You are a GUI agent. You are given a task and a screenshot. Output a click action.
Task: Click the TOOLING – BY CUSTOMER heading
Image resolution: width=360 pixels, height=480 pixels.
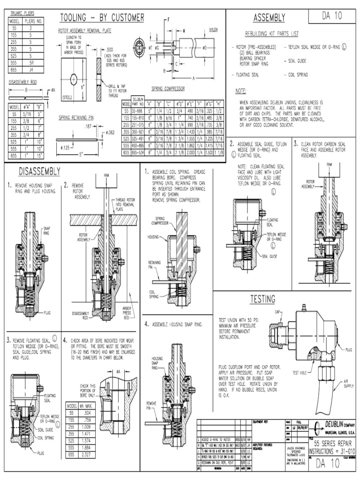(102, 18)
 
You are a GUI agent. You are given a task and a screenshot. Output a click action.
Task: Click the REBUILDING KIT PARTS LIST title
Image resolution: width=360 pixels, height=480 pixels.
(271, 34)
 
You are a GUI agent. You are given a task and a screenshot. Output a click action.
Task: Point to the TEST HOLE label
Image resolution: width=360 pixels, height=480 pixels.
(300, 373)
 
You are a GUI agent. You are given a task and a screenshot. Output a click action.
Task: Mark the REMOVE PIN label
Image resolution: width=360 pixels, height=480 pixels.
(151, 405)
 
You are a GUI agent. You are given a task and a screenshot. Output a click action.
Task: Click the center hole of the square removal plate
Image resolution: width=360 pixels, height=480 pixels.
(74, 77)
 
